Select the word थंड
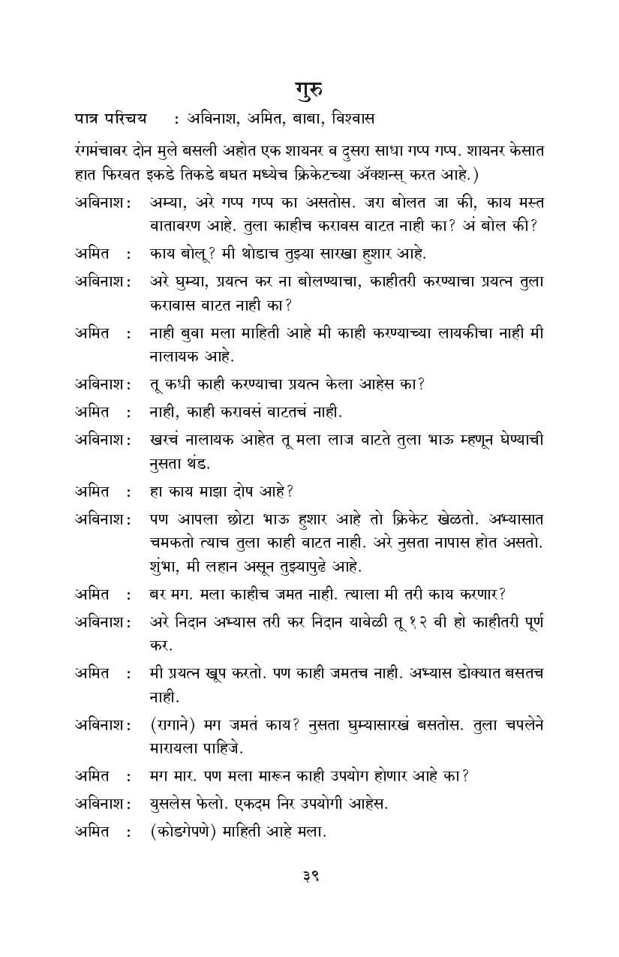click(x=197, y=463)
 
